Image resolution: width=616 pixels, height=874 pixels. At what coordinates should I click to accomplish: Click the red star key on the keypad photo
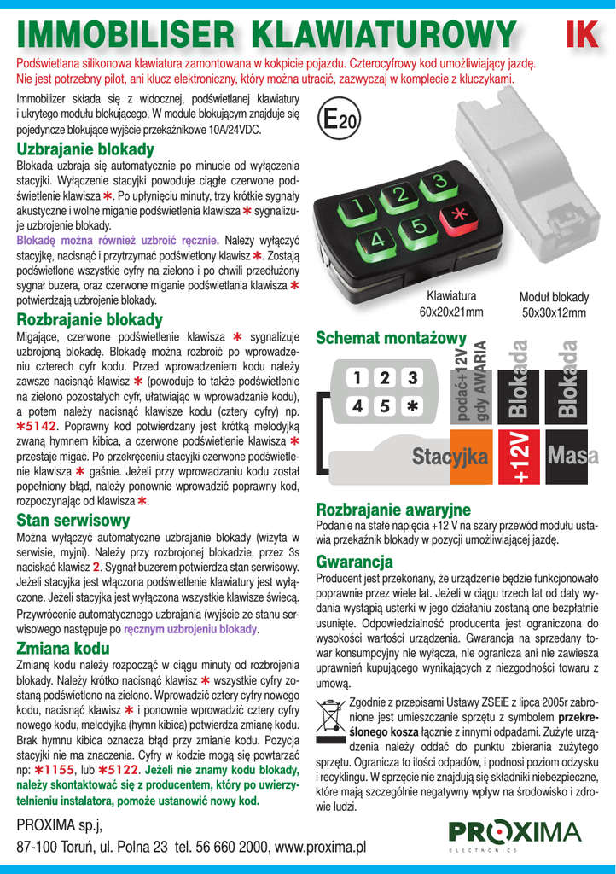(x=458, y=216)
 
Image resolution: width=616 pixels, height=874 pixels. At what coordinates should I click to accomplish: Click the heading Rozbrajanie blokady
(x=90, y=319)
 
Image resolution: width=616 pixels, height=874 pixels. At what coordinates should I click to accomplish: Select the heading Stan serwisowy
(x=73, y=521)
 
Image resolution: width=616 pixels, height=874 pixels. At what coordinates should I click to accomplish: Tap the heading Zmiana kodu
(x=63, y=648)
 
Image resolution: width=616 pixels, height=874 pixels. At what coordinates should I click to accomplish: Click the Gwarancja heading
(x=354, y=562)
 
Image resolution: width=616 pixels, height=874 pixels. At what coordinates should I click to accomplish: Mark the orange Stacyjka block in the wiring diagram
(x=450, y=457)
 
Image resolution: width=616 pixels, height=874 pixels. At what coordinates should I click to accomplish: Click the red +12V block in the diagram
(x=520, y=458)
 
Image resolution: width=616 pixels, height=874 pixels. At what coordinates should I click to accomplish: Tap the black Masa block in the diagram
(x=572, y=458)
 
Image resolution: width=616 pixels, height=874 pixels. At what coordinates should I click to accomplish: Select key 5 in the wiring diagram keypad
(x=385, y=406)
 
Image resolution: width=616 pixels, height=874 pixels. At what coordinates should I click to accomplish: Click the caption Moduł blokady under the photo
(x=554, y=297)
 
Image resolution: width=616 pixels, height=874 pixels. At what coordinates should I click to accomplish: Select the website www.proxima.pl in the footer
(x=311, y=847)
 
